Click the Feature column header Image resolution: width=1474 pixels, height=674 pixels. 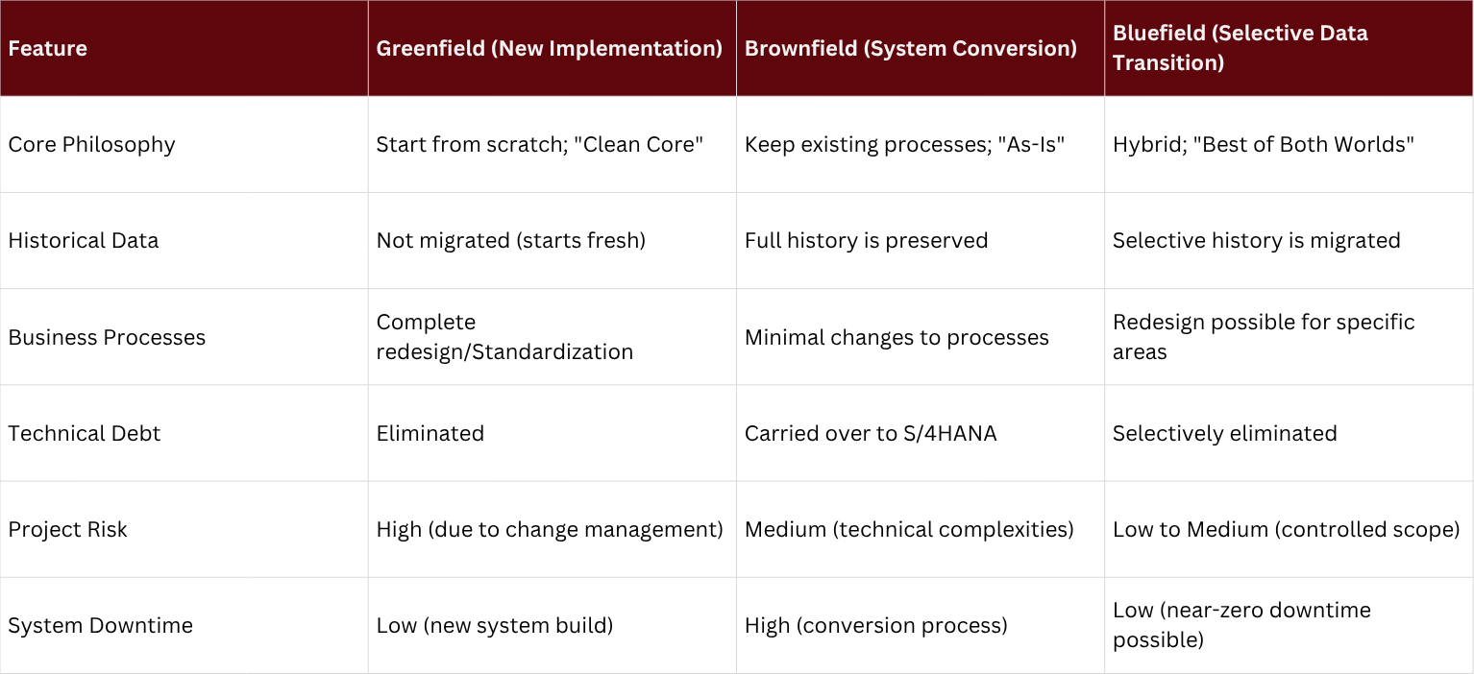[48, 48]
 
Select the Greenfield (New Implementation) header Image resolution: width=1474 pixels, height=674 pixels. [549, 48]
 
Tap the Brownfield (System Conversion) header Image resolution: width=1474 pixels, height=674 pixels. [910, 48]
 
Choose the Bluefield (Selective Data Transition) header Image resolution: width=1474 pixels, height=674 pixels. [1240, 48]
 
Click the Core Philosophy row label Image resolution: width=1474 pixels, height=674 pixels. [91, 144]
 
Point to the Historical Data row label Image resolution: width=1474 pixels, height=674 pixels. [84, 240]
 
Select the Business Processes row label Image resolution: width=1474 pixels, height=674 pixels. [107, 337]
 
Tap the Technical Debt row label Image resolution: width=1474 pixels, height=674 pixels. [85, 433]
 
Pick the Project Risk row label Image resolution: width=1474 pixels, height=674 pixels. [67, 529]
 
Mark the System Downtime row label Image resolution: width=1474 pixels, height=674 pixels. [100, 625]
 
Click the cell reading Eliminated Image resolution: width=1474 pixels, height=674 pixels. [430, 433]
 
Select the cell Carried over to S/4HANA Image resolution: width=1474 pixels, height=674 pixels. [870, 433]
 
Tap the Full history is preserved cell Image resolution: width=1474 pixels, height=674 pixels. [866, 240]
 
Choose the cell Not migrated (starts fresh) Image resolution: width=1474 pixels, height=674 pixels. [510, 240]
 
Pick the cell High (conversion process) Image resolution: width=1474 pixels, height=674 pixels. [875, 625]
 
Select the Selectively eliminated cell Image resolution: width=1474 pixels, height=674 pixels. [1224, 433]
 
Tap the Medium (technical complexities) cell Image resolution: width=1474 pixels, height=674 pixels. [909, 529]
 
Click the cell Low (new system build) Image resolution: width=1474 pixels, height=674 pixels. [494, 625]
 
